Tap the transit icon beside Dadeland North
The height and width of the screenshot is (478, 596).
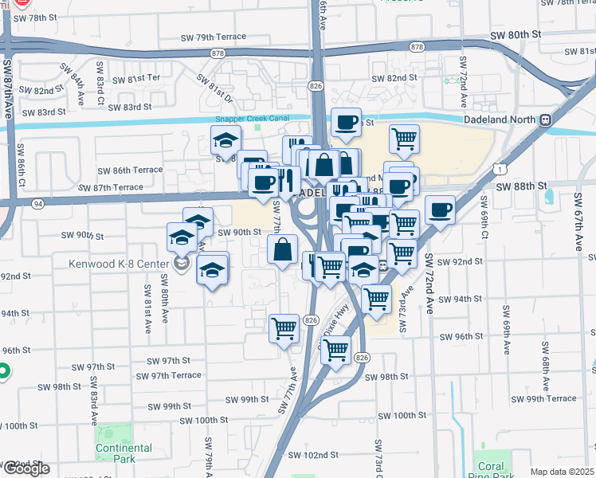pyautogui.click(x=545, y=120)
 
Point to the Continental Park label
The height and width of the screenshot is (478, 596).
pyautogui.click(x=124, y=453)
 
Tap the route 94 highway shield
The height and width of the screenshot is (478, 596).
pyautogui.click(x=37, y=203)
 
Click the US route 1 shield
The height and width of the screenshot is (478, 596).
pyautogui.click(x=498, y=169)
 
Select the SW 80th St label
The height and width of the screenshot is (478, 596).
pyautogui.click(x=515, y=35)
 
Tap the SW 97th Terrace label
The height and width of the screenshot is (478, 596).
pyautogui.click(x=168, y=375)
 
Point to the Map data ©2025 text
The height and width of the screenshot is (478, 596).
pyautogui.click(x=562, y=472)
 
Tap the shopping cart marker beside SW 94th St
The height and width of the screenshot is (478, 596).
pyautogui.click(x=376, y=300)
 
